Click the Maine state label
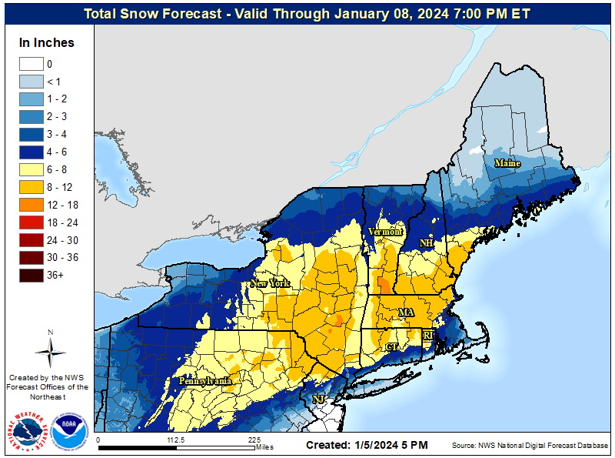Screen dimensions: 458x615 (x=507, y=163)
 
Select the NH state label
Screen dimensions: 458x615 (x=426, y=243)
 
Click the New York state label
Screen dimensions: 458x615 (x=270, y=283)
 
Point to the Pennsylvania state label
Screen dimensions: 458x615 (x=205, y=381)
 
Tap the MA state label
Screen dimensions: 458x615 (x=406, y=313)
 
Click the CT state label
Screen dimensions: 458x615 (x=393, y=347)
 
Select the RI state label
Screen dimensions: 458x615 (x=429, y=335)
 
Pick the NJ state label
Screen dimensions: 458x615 (x=318, y=399)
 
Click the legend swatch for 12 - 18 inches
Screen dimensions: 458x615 (x=32, y=205)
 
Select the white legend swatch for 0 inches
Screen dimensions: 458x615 (x=32, y=65)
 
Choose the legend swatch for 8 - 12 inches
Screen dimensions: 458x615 (x=32, y=187)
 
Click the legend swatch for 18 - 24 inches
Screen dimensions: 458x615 (x=32, y=222)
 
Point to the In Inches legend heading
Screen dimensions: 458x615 (x=47, y=43)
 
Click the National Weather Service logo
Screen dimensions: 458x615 (x=28, y=431)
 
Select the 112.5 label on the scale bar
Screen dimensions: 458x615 (x=177, y=440)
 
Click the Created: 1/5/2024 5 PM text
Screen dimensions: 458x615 (x=367, y=446)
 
